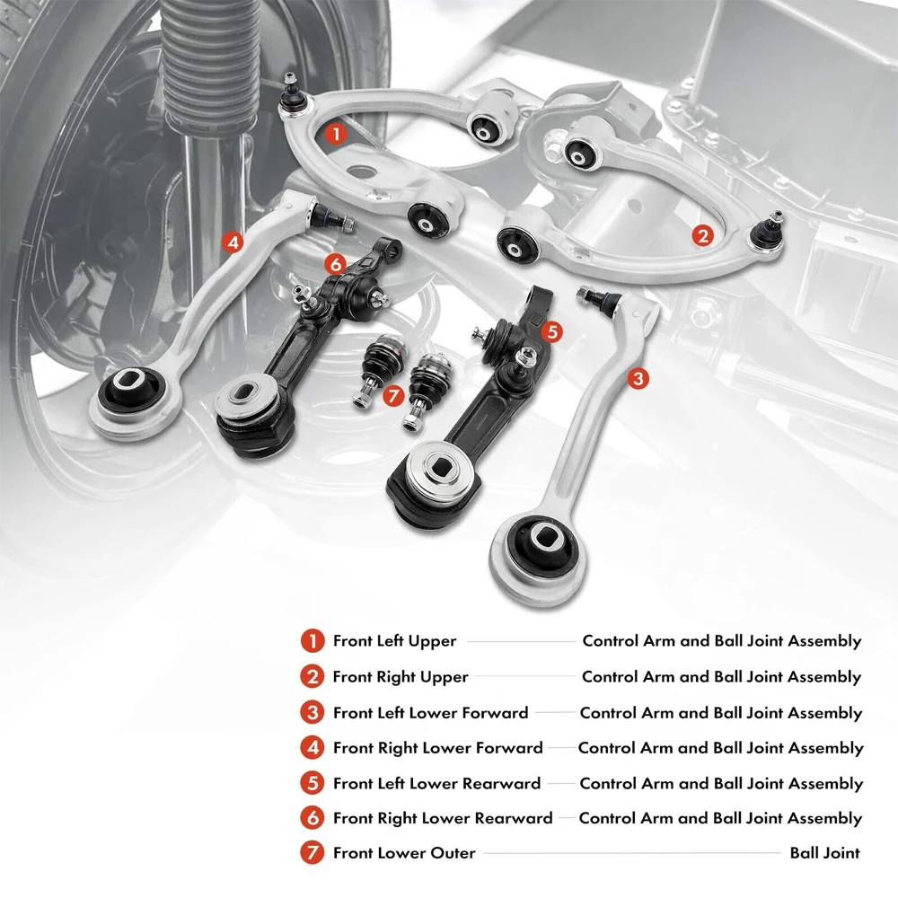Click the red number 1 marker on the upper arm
[x=335, y=135]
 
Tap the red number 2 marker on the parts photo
[x=703, y=235]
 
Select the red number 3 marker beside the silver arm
[x=638, y=379]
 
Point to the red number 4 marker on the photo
[x=233, y=242]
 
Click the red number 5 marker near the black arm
[x=552, y=331]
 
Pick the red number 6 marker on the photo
[x=335, y=264]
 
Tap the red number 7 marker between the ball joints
[x=392, y=395]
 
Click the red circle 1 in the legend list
[x=312, y=641]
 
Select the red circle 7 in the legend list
[x=312, y=853]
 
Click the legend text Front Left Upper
[x=394, y=641]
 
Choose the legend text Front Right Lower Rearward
[x=443, y=818]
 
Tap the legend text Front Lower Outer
[x=404, y=853]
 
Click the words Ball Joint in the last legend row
[x=824, y=853]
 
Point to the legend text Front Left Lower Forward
[x=430, y=713]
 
